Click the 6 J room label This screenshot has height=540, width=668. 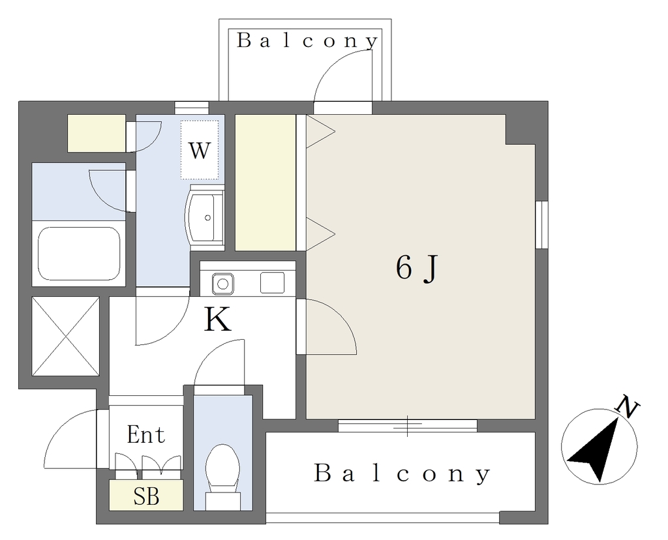tap(416, 268)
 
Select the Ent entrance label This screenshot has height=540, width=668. tap(145, 435)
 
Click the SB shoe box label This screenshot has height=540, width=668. tap(146, 496)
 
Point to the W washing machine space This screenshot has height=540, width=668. tap(200, 150)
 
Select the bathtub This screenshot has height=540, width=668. tap(79, 254)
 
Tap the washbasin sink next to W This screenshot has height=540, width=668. tap(204, 217)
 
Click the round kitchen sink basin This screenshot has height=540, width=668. tap(222, 283)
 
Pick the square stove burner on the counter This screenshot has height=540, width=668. tap(272, 283)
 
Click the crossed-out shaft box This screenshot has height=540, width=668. tap(66, 337)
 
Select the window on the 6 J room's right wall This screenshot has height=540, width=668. tap(541, 224)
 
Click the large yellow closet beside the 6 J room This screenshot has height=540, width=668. tap(266, 183)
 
